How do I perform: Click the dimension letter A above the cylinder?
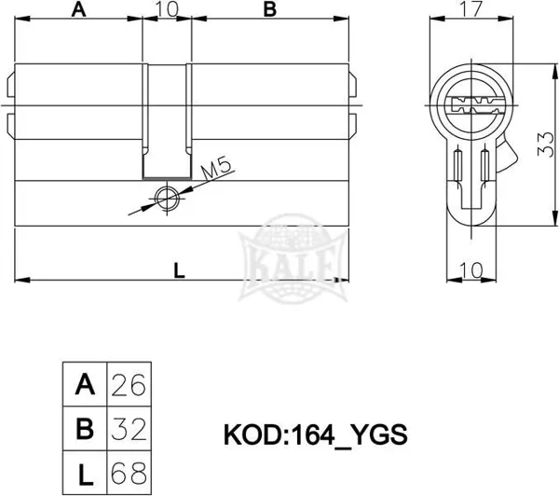[79, 9]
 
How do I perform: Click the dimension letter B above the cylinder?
[270, 9]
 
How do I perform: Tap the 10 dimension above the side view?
[167, 9]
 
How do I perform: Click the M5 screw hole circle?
[167, 198]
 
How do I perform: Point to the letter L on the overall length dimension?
[179, 270]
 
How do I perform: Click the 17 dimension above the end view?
[471, 9]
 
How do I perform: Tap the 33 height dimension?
[546, 145]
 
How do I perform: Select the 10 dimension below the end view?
[471, 270]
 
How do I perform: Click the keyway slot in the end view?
[472, 105]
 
